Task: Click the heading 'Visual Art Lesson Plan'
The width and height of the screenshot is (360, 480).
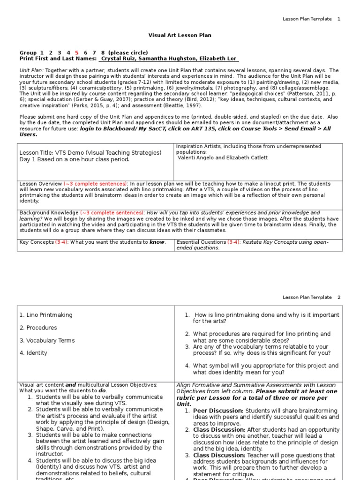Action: pyautogui.click(x=180, y=35)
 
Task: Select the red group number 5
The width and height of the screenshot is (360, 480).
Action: pyautogui.click(x=77, y=53)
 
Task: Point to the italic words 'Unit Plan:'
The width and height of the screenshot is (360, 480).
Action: pyautogui.click(x=30, y=70)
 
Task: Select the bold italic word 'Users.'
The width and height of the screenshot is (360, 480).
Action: pyautogui.click(x=29, y=135)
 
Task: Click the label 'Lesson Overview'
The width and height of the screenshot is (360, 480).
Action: pyautogui.click(x=40, y=184)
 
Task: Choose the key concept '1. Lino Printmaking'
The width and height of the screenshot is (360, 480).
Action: pyautogui.click(x=46, y=315)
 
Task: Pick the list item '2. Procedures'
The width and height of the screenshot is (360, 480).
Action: pyautogui.click(x=38, y=328)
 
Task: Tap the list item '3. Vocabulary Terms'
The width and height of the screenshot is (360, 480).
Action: pyautogui.click(x=47, y=340)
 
